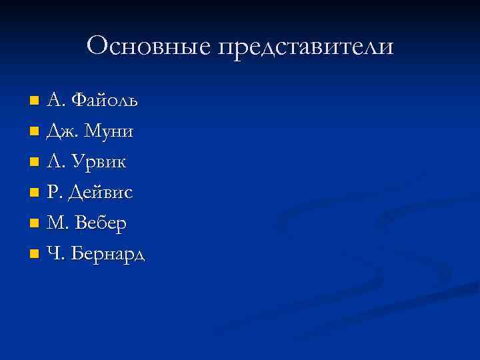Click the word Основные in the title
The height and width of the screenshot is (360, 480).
pos(147,46)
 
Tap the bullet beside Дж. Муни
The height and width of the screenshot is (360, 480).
pos(35,132)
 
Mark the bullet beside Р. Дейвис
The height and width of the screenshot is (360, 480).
pos(35,193)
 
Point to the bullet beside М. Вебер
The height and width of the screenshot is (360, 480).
pos(35,224)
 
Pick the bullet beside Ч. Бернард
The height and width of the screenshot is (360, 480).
pos(35,255)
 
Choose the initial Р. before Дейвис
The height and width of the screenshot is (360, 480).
pos(54,193)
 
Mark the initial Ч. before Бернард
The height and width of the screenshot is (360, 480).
pos(54,254)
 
